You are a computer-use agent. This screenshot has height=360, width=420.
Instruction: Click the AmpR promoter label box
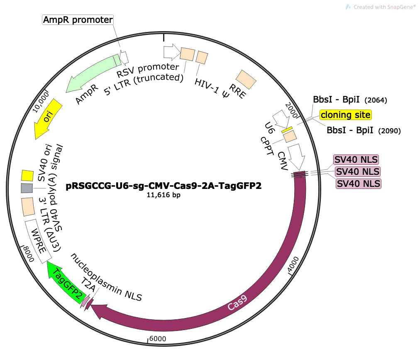[78, 20]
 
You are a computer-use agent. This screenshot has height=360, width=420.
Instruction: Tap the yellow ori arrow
[49, 119]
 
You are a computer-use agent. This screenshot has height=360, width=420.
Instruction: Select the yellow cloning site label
[345, 115]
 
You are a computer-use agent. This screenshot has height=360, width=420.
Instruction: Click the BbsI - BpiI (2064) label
[350, 100]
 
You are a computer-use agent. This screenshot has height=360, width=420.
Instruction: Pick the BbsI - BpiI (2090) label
[363, 130]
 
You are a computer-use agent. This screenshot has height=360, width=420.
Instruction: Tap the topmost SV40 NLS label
[356, 159]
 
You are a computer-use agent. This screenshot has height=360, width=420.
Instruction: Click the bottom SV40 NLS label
[358, 183]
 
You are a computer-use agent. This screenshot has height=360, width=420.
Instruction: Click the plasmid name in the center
[164, 186]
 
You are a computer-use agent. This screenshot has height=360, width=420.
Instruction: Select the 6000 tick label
[157, 338]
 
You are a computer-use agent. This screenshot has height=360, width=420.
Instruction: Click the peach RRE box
[246, 80]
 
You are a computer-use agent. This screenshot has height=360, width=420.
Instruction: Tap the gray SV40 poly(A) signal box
[27, 188]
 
